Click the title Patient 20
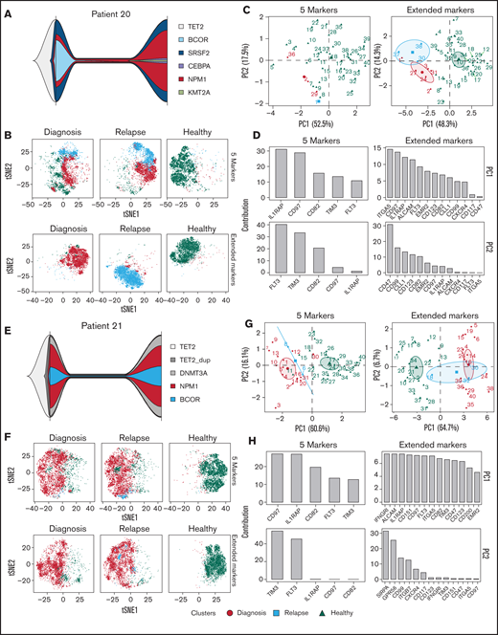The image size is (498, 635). pyautogui.click(x=124, y=9)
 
